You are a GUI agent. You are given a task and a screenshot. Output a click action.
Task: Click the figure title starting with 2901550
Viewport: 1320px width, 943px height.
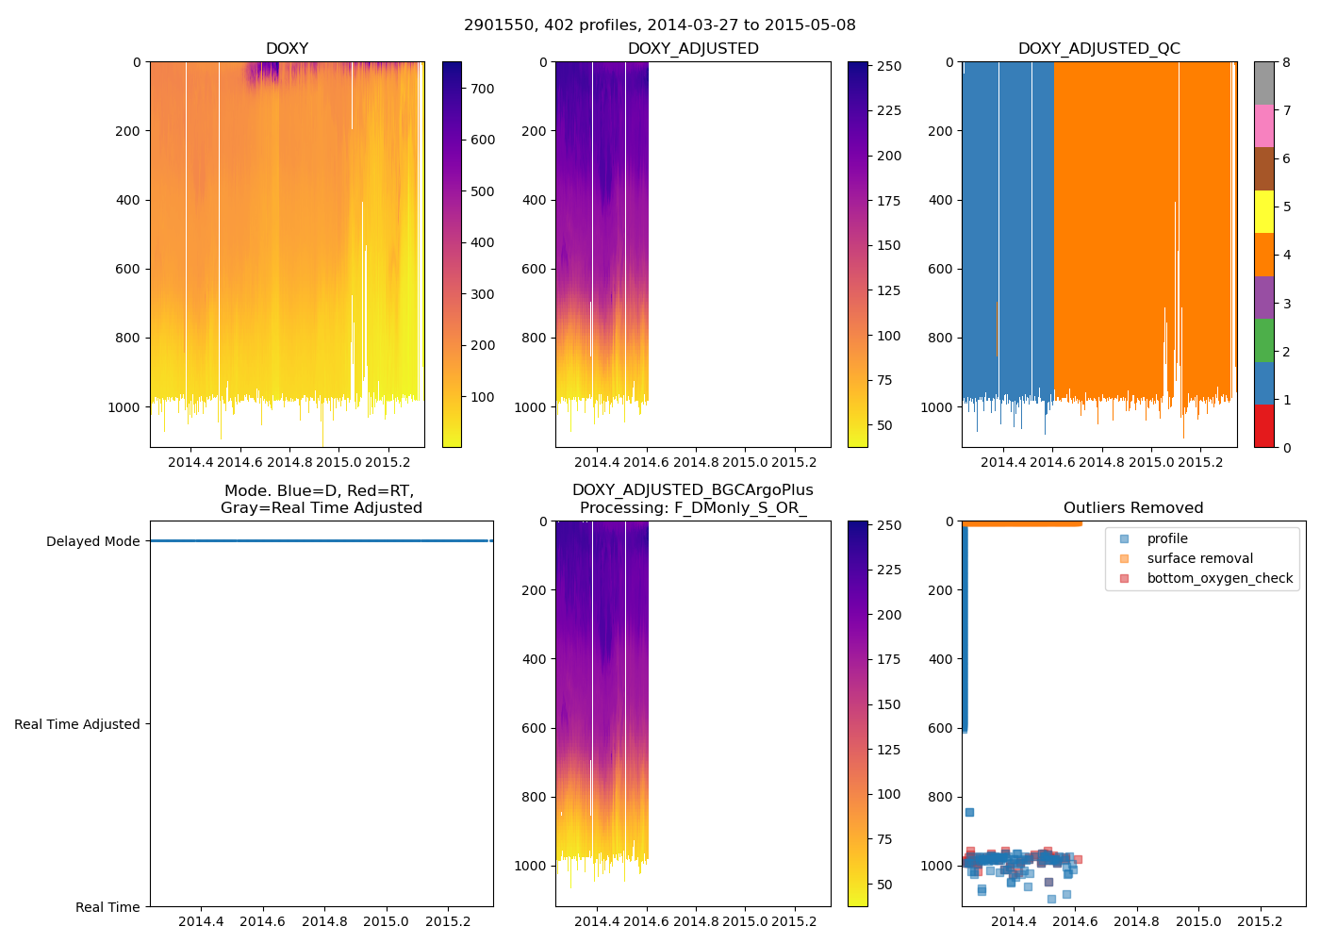660,25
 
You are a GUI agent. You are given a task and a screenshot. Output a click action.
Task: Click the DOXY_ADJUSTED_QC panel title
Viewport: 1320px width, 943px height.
1098,49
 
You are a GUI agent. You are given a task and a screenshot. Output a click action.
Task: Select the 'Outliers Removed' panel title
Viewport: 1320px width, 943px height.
1133,508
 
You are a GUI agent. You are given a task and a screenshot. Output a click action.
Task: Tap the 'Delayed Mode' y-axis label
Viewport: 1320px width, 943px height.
92,541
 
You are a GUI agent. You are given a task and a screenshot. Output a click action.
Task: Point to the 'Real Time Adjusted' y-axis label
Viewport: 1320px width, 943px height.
77,724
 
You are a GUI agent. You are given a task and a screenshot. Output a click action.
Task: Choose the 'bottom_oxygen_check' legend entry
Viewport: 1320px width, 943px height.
1219,578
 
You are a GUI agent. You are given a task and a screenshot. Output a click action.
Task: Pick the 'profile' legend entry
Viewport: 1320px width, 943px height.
1167,538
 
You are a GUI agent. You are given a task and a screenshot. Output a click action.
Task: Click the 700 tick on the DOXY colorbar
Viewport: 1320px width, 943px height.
483,89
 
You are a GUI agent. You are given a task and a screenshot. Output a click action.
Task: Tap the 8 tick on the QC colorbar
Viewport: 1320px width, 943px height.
1286,62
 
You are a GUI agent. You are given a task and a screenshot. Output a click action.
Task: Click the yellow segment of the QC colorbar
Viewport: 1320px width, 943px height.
1263,211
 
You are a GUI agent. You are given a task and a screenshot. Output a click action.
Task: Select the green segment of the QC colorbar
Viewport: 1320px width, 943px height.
1263,340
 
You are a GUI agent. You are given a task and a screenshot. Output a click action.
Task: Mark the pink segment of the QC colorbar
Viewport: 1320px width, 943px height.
1263,125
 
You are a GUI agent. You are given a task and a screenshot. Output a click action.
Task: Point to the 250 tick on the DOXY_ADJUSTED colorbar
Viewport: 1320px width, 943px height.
889,66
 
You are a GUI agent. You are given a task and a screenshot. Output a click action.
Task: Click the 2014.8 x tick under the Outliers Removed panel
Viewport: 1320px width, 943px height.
1137,921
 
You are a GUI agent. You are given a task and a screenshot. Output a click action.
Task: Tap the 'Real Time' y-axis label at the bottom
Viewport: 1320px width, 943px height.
107,907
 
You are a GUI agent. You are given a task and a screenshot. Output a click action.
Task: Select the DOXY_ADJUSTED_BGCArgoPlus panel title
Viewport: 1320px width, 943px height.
692,499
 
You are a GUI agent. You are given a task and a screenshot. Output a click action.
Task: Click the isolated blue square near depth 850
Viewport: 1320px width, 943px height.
969,812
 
